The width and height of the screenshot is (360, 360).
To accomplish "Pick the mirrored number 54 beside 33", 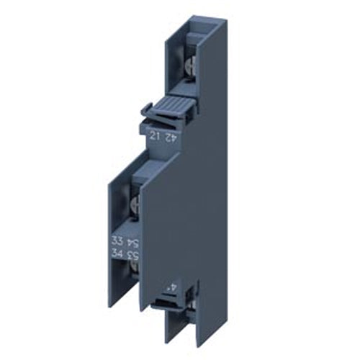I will [x=133, y=240].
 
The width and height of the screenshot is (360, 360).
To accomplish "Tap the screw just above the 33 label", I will [x=132, y=215].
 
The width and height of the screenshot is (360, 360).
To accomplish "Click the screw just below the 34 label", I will [x=132, y=272].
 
